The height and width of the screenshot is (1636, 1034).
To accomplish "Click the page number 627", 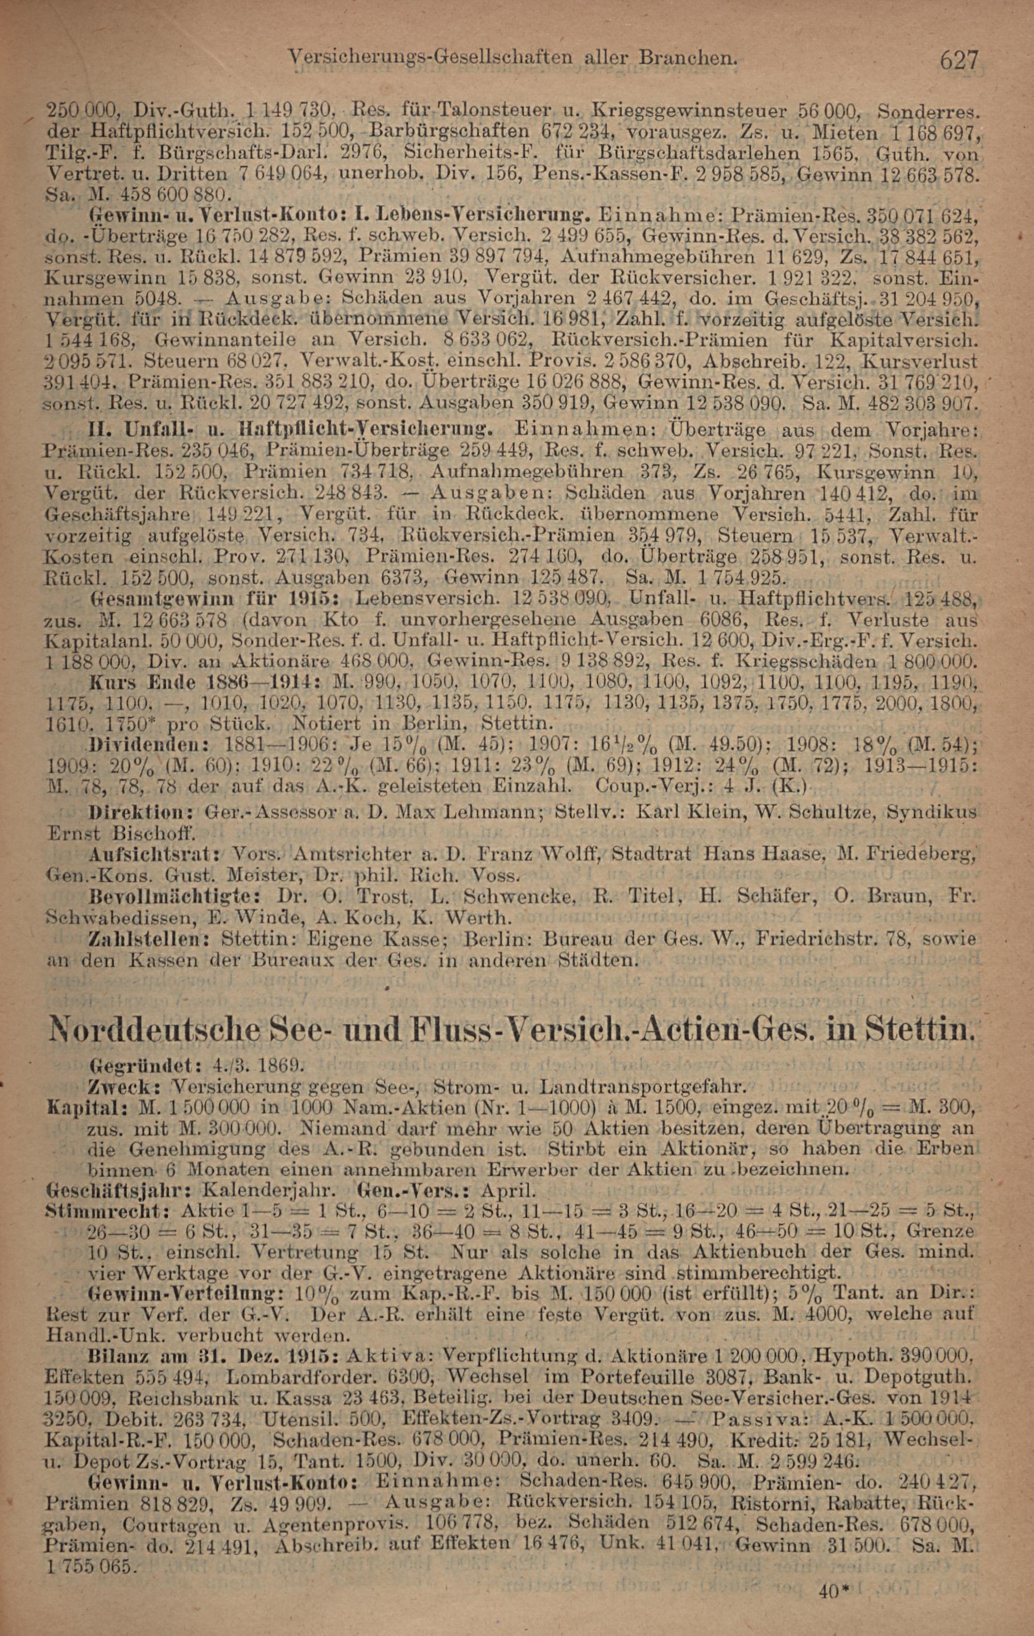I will coord(959,60).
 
